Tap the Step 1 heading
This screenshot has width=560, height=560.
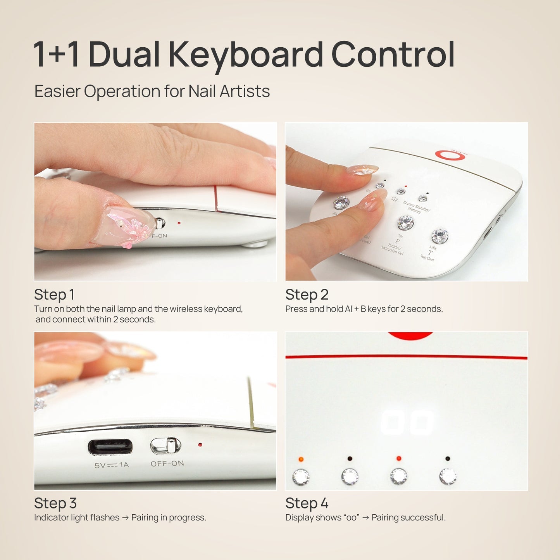point(54,295)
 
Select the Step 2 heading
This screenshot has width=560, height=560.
point(307,295)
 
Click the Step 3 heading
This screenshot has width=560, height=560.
point(55,503)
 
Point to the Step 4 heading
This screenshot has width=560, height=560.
point(307,503)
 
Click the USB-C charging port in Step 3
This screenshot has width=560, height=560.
point(110,447)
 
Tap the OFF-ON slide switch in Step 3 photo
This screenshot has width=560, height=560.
point(166,446)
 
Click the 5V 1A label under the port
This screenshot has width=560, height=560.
point(112,465)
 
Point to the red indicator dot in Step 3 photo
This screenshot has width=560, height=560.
point(200,445)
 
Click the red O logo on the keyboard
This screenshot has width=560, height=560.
point(447,155)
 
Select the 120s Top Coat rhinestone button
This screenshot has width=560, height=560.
point(439,236)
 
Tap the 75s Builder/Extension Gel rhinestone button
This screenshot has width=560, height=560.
point(405,222)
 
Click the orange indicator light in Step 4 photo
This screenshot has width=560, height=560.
point(301,459)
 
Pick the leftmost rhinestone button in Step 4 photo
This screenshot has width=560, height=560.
point(301,477)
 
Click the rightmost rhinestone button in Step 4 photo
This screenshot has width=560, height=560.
point(448,476)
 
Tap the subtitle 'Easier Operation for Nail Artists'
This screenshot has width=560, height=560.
point(152,91)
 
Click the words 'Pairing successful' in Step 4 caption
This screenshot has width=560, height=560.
point(408,518)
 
